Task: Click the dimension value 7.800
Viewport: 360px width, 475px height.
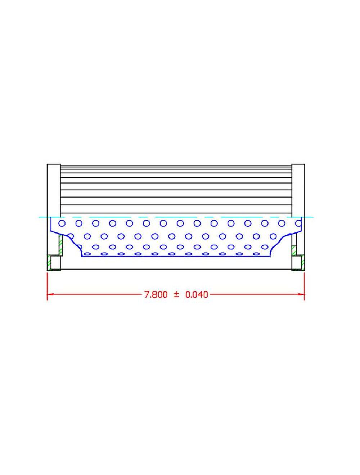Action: (156, 295)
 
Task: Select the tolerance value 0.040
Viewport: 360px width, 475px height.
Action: (197, 295)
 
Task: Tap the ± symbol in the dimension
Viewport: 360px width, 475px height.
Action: (176, 294)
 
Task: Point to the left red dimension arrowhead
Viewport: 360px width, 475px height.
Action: (50, 294)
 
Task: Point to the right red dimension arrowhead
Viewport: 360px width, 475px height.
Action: (302, 294)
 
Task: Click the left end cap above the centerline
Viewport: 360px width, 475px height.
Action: (54, 190)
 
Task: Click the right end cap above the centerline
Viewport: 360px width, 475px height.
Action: (298, 190)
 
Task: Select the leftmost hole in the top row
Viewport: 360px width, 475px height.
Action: (62, 223)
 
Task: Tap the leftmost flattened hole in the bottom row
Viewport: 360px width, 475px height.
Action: (87, 254)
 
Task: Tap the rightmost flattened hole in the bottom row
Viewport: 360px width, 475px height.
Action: (257, 254)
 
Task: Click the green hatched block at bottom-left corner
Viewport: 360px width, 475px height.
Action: (49, 262)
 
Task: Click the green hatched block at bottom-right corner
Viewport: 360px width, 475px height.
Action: (303, 262)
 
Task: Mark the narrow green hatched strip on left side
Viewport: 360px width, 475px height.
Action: (60, 245)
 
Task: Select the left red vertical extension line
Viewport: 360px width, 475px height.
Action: (48, 284)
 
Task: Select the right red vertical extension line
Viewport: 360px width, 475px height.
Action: (305, 284)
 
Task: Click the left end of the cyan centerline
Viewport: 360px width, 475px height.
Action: (40, 217)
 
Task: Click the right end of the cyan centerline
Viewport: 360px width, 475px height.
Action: (312, 217)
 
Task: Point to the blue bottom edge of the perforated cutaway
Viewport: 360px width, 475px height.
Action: (176, 257)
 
